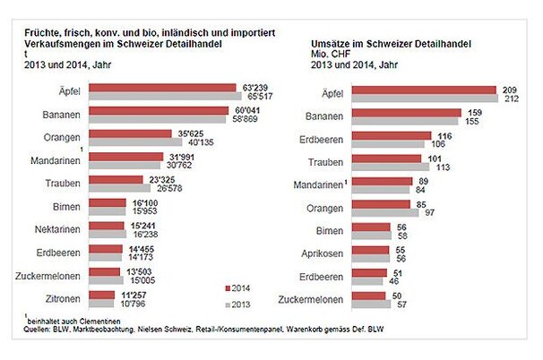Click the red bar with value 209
[424, 90]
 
